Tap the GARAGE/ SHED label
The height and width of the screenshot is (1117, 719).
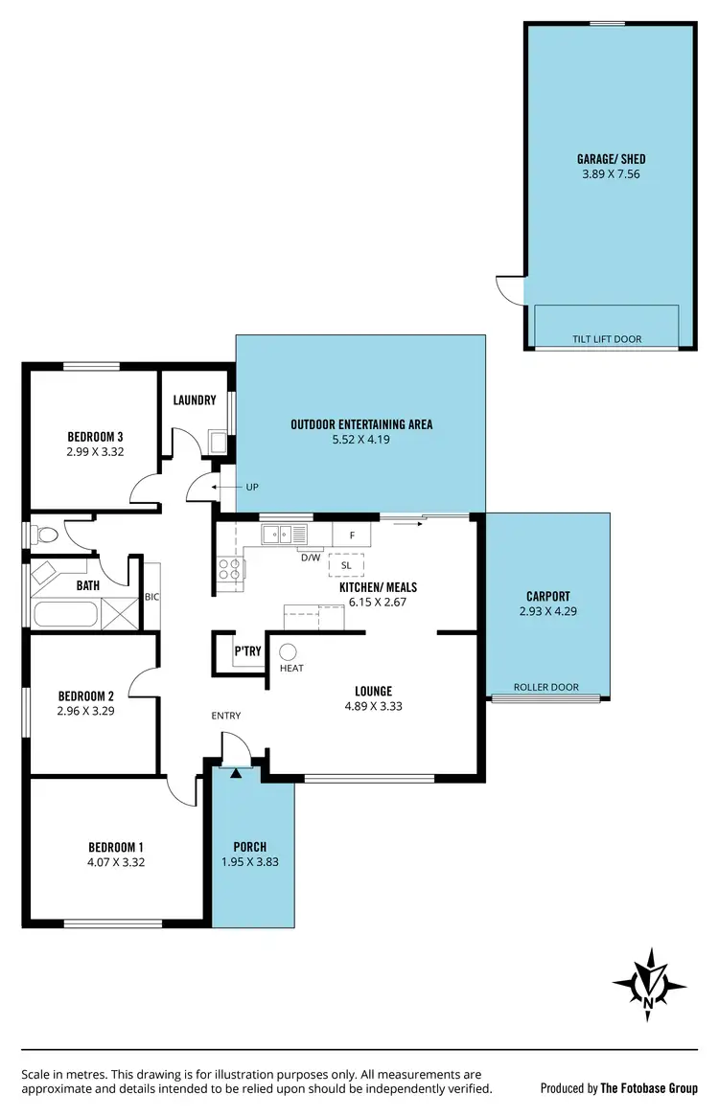tap(604, 159)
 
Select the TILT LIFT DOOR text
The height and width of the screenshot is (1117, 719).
tap(607, 339)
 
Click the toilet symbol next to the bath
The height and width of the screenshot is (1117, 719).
tap(45, 534)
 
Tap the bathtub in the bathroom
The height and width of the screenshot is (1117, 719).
tap(65, 612)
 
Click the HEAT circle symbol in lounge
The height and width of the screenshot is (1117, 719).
tap(288, 651)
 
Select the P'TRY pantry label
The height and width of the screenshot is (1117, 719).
tap(247, 651)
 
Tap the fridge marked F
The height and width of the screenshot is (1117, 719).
tap(352, 535)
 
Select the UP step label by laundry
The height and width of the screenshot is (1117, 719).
tap(252, 487)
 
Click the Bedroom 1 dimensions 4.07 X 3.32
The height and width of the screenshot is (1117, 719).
tap(116, 862)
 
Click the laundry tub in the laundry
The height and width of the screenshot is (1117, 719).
tap(219, 442)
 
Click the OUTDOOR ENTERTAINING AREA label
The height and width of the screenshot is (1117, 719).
tap(361, 424)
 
